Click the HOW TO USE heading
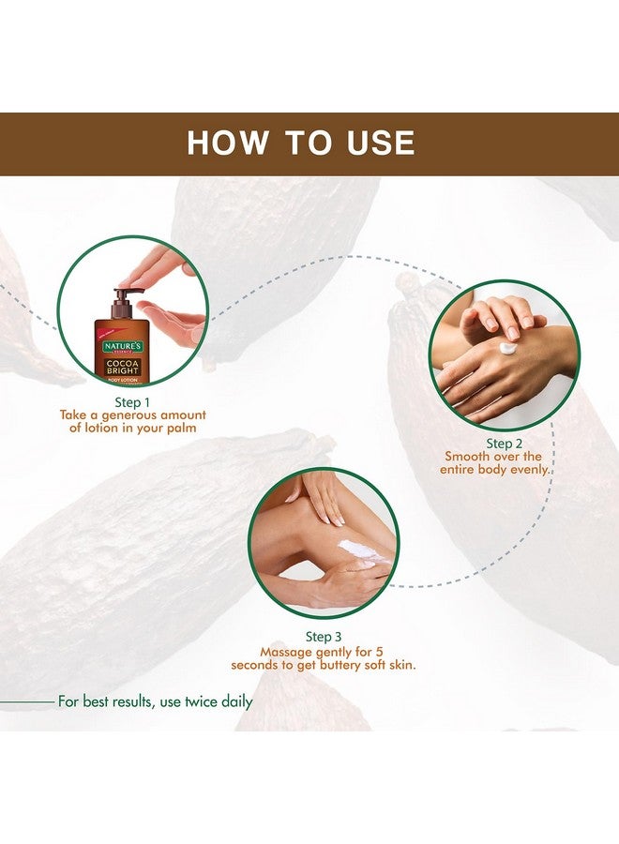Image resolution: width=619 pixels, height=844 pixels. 300,143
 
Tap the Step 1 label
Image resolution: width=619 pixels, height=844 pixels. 132,401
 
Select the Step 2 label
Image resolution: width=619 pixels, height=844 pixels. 498,443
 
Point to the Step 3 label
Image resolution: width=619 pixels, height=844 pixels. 324,636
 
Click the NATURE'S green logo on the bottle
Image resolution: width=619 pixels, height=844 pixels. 121,346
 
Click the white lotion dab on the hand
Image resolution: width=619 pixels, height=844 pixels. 507,348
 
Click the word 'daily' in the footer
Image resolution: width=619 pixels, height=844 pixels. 233,701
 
